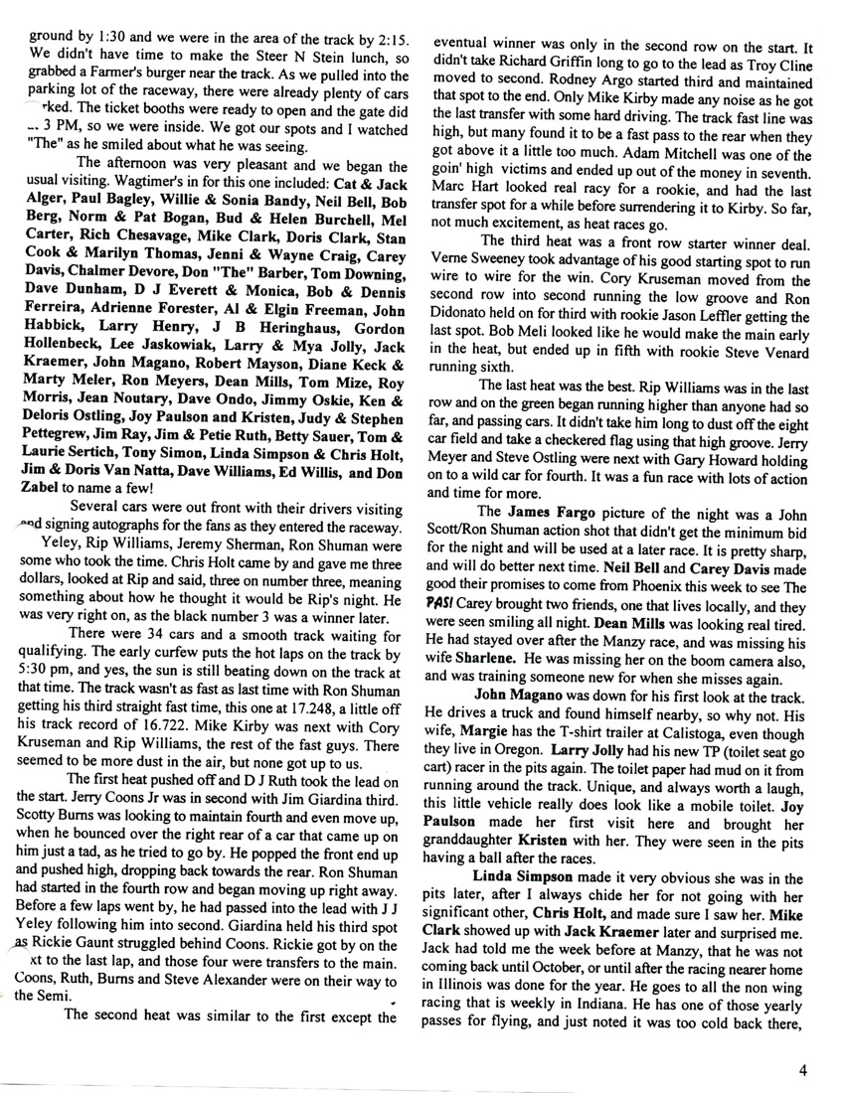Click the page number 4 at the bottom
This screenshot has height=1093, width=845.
point(801,1070)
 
